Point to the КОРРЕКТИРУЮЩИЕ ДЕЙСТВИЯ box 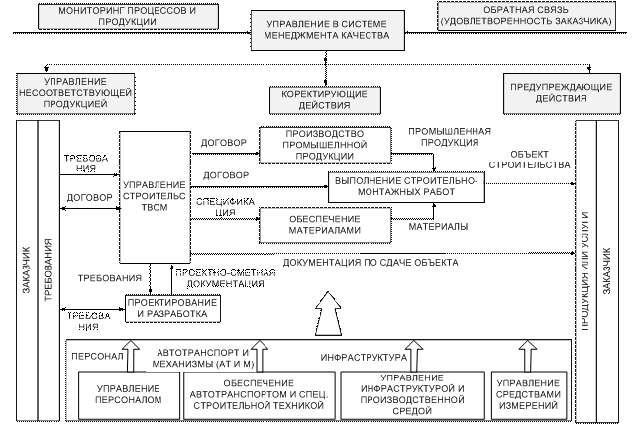point(318,99)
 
